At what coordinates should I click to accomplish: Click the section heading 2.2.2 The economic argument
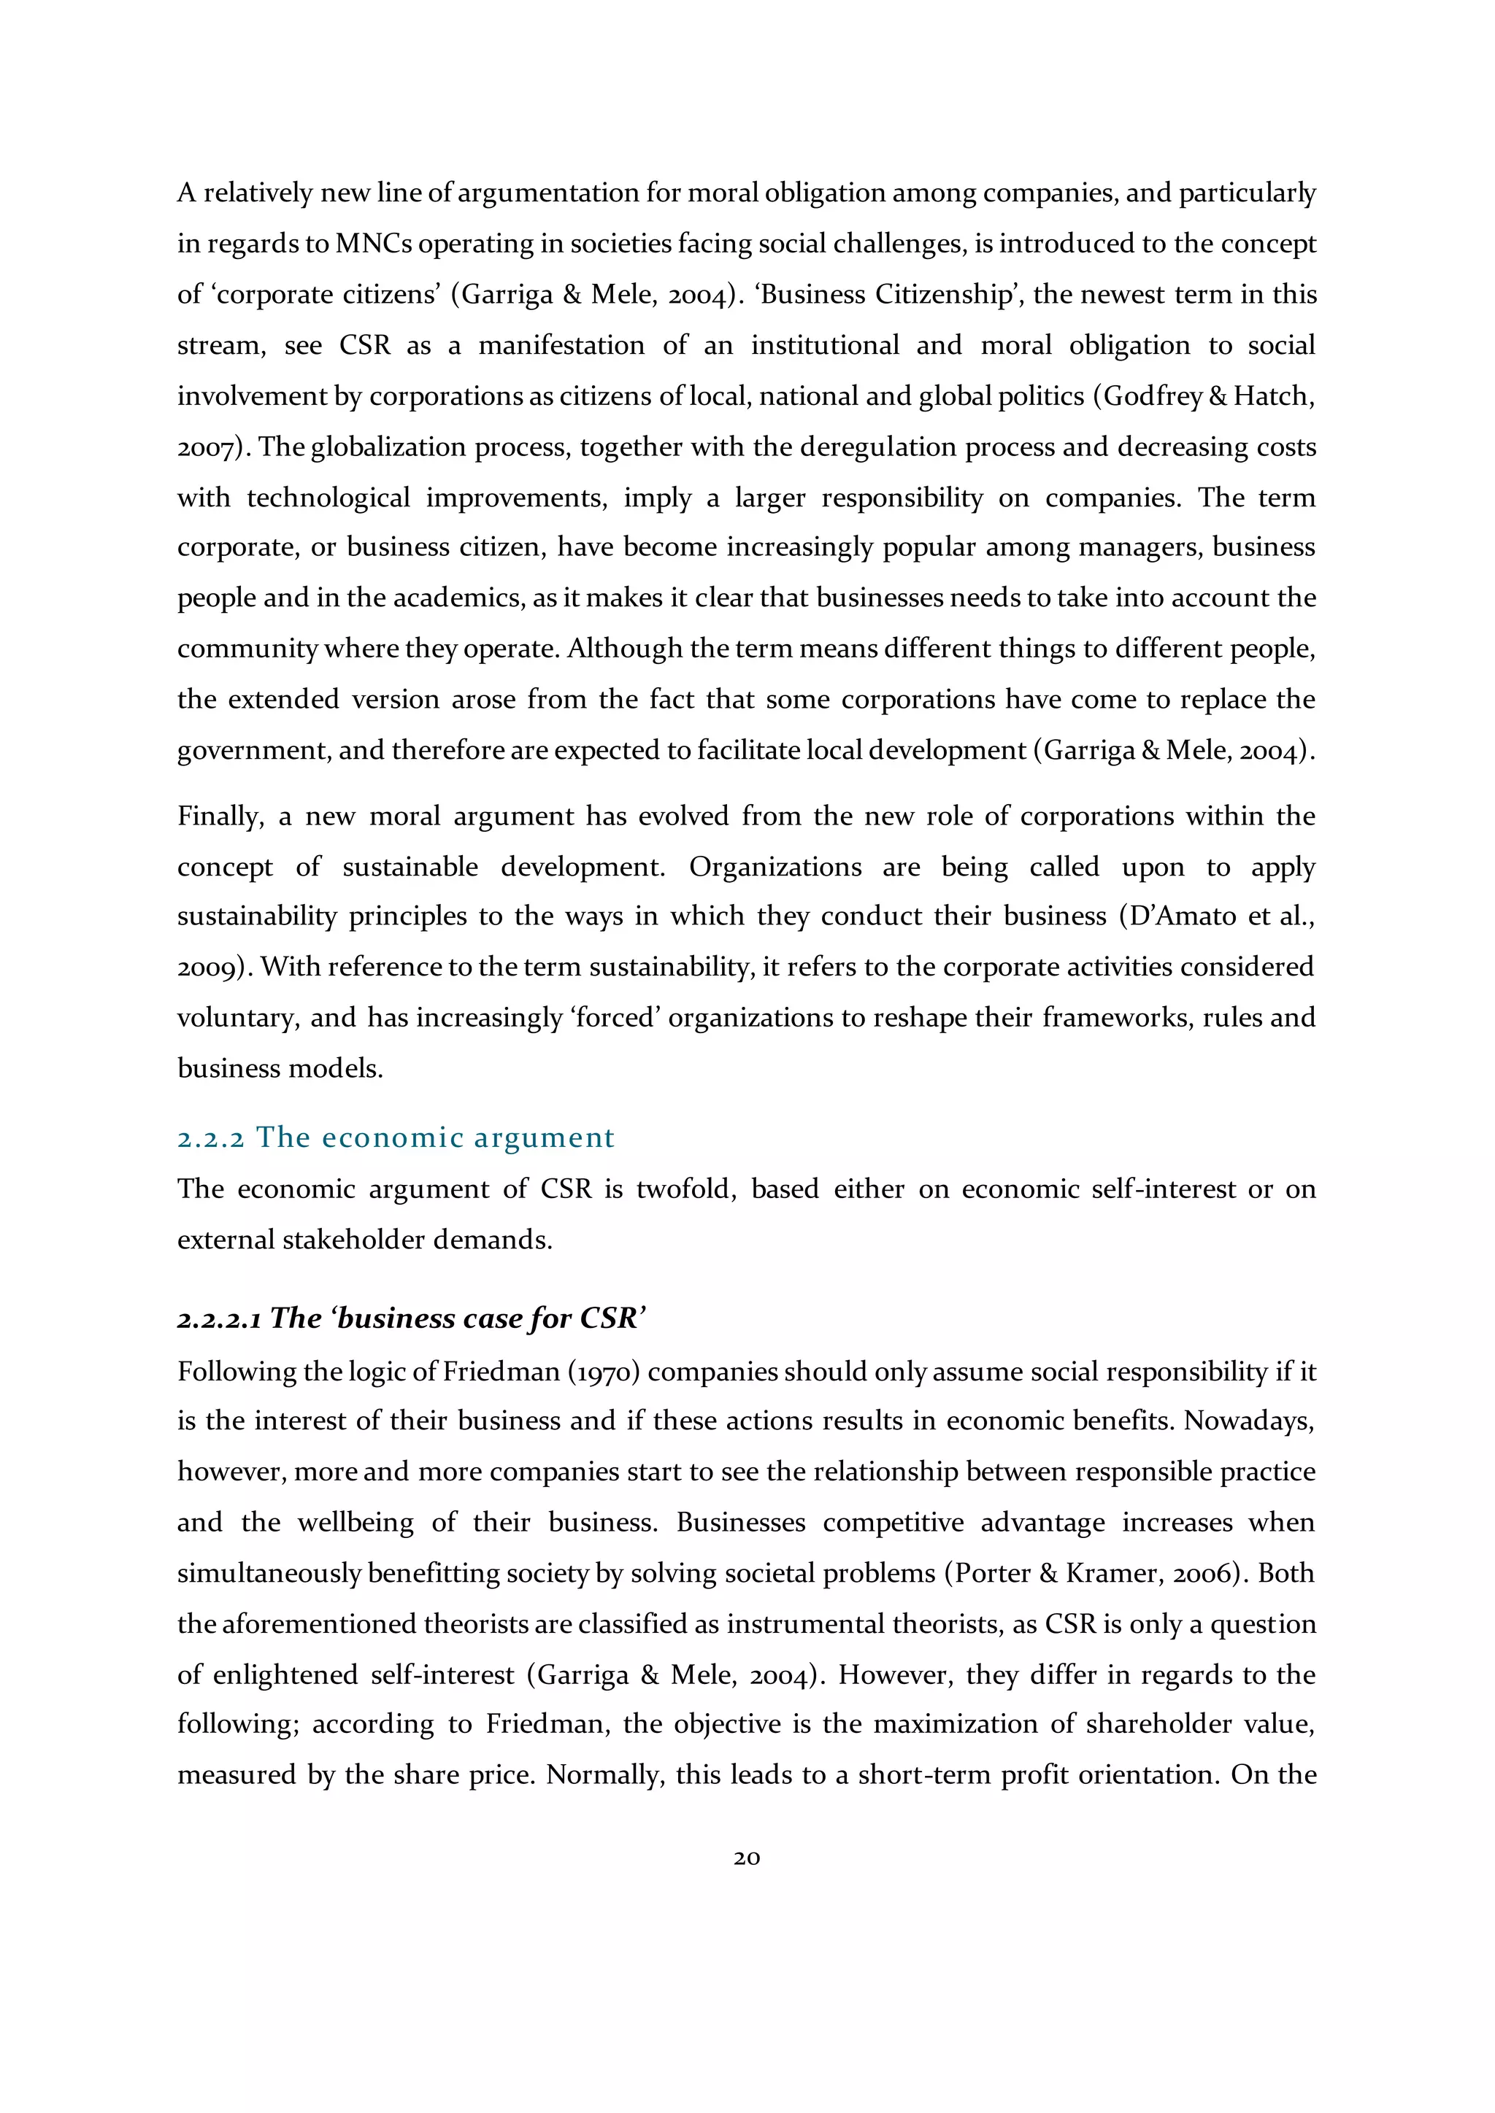click(395, 1137)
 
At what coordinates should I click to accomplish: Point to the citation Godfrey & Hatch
click(1209, 395)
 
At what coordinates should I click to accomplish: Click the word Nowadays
click(1248, 1421)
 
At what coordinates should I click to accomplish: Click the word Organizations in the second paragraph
click(775, 867)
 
